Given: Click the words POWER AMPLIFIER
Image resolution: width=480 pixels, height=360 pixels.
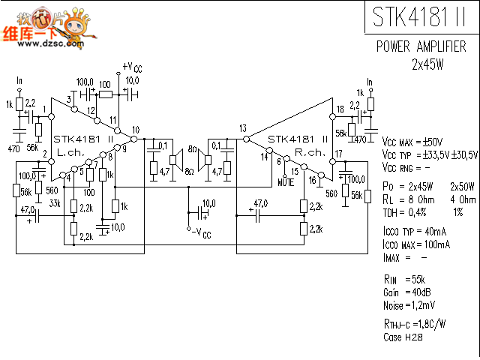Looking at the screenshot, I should (x=422, y=47).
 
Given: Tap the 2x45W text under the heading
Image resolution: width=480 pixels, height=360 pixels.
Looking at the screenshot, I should (x=427, y=64).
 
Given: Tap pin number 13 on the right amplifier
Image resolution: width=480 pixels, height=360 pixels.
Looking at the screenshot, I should (x=242, y=128).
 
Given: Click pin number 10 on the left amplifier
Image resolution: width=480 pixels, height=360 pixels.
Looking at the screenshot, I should (x=135, y=130).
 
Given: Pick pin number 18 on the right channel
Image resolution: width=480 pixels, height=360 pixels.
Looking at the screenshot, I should (x=340, y=109).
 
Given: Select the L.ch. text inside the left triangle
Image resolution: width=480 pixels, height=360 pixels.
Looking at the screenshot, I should (x=71, y=151).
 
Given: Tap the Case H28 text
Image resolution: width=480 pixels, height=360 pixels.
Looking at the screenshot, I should (x=402, y=338).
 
